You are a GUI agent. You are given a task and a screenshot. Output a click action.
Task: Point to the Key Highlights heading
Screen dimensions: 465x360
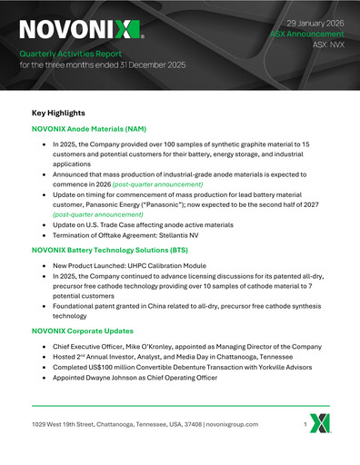click(58, 113)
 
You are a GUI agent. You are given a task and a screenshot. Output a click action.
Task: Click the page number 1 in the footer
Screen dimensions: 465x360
click(306, 424)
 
